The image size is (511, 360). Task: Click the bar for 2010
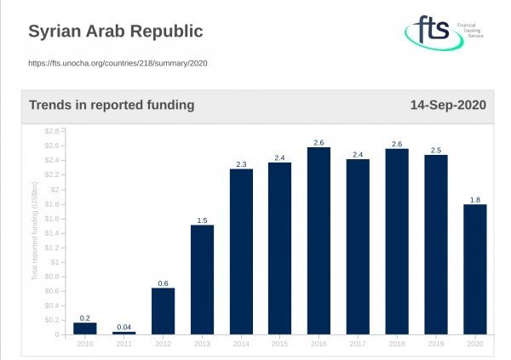tap(84, 329)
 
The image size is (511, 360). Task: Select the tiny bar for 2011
tap(123, 333)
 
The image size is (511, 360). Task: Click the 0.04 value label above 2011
tap(123, 327)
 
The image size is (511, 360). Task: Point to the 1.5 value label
tap(202, 220)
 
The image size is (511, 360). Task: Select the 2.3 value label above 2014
tap(241, 164)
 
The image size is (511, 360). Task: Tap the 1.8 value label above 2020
tap(474, 199)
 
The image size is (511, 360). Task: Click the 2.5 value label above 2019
tap(435, 150)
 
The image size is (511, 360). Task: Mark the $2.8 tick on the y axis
tap(52, 130)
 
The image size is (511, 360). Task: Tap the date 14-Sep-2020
tap(448, 106)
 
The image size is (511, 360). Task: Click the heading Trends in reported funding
tap(112, 106)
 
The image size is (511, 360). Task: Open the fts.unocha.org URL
tap(118, 62)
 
